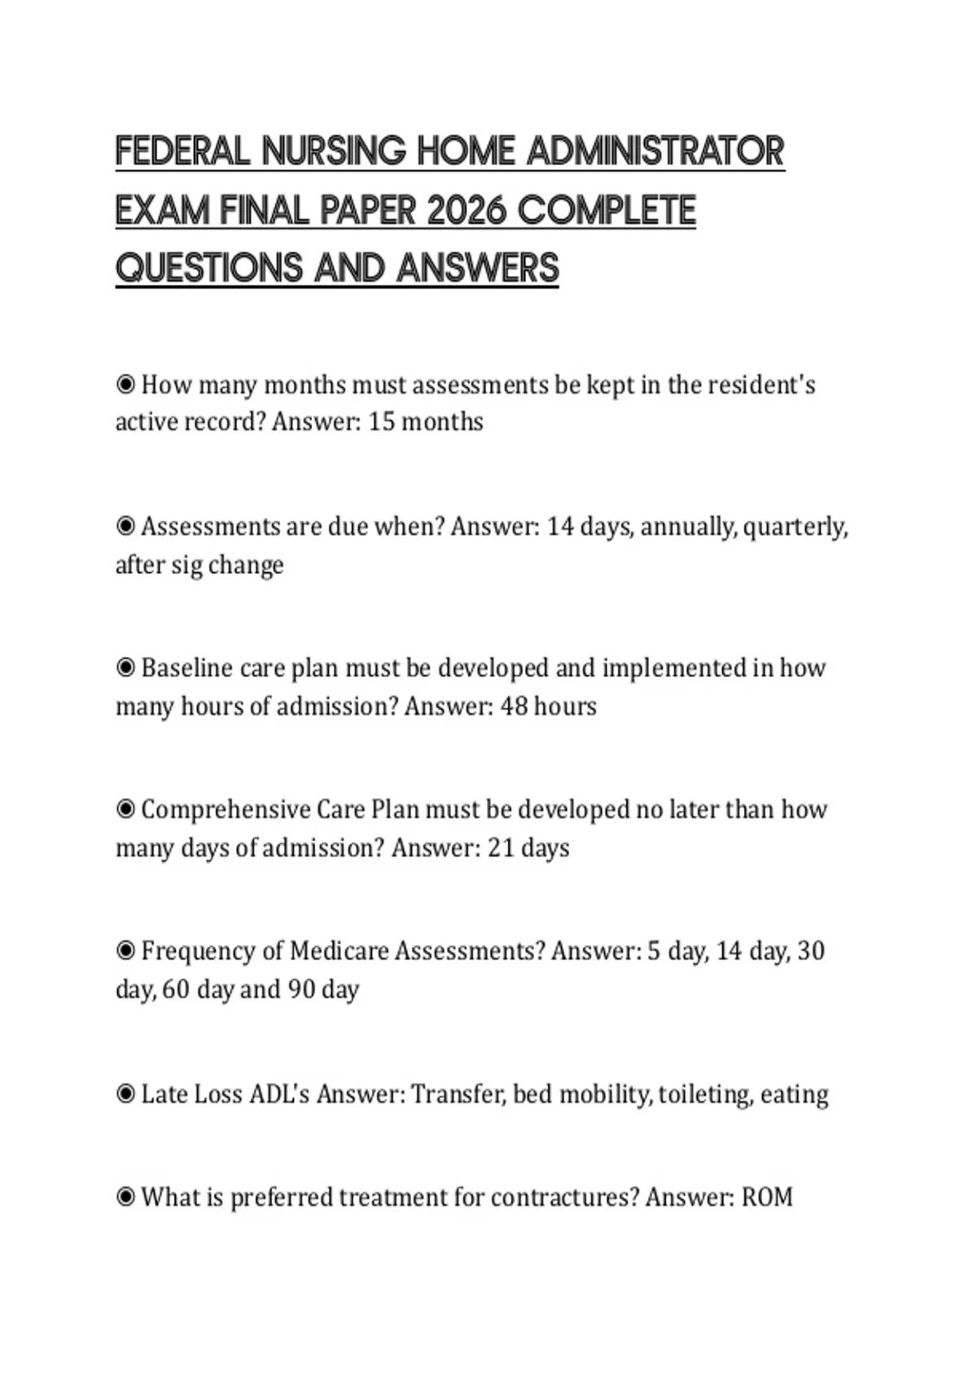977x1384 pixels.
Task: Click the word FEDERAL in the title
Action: pyautogui.click(x=182, y=152)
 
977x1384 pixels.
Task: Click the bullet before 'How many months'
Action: pyautogui.click(x=125, y=384)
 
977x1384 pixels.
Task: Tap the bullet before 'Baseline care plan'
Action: pyautogui.click(x=125, y=668)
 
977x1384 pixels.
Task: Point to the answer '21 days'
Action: pyautogui.click(x=528, y=848)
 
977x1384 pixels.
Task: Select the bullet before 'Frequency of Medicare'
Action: pyautogui.click(x=125, y=951)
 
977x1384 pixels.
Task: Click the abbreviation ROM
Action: pyautogui.click(x=767, y=1198)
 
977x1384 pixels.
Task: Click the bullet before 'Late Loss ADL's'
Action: pyautogui.click(x=125, y=1094)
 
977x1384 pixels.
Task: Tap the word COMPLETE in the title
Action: pyautogui.click(x=607, y=211)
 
